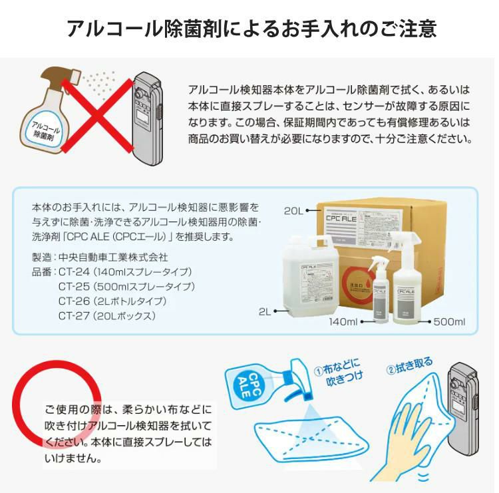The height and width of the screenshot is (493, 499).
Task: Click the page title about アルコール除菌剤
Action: tap(251, 29)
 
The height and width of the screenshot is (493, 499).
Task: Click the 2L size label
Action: tap(266, 310)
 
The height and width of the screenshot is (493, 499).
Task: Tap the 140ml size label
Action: tap(343, 322)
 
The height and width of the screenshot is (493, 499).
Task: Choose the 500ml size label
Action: tap(449, 322)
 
